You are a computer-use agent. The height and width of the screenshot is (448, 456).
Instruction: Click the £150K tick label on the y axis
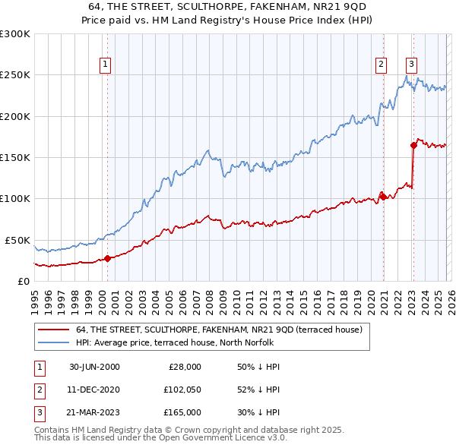coord(15,158)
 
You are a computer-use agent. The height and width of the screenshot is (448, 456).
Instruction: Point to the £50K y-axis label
coord(17,240)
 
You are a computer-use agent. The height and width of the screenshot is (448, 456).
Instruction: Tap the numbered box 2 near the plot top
coord(380,65)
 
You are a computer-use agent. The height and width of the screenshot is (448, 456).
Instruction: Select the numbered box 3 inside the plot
coord(411,65)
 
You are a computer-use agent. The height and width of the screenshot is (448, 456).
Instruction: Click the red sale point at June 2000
coord(107,258)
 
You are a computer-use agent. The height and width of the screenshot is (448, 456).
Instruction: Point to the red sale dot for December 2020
coord(384,197)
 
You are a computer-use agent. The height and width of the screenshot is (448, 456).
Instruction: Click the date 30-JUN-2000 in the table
coord(94,367)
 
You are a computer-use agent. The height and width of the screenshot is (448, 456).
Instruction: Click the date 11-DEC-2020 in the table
coord(94,390)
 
